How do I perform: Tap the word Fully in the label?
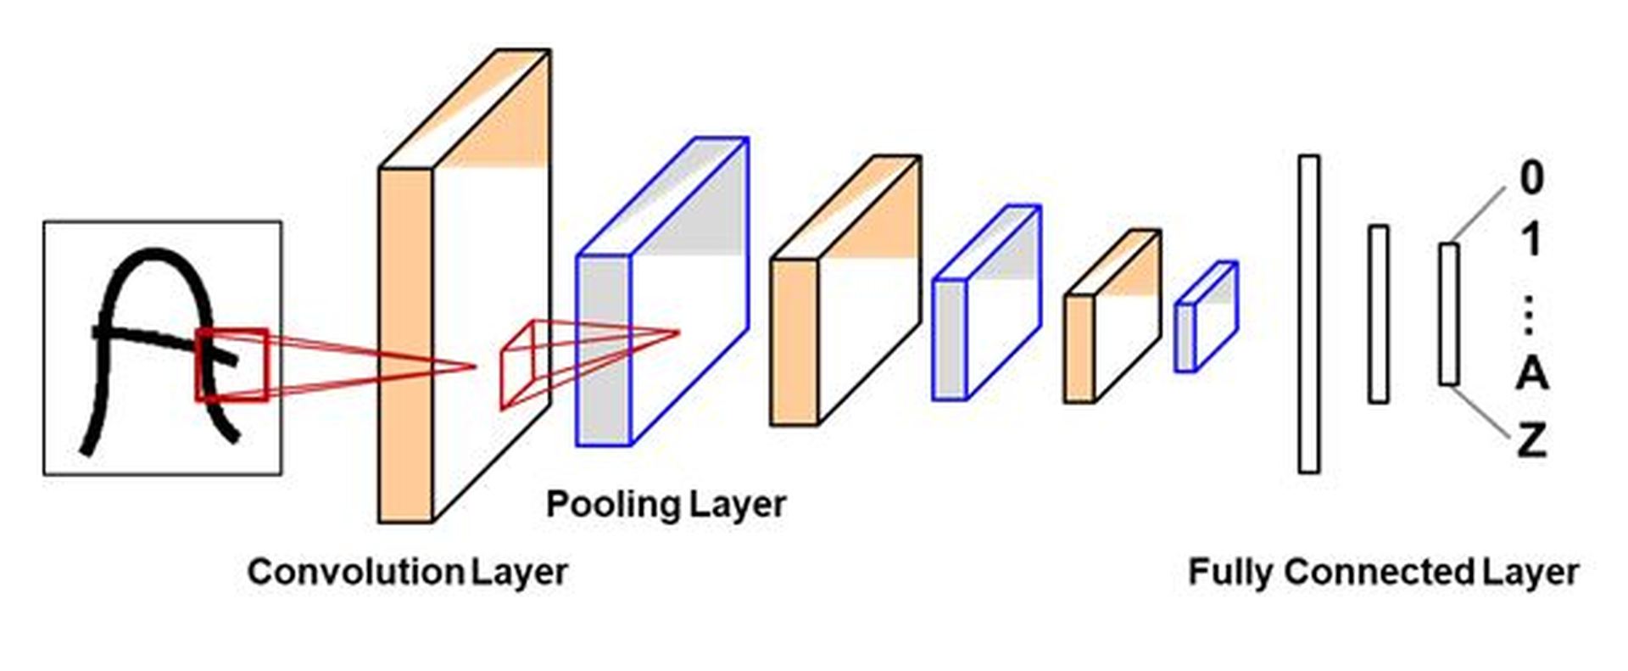coord(1230,572)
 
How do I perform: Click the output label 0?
coord(1531,178)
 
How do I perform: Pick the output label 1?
coord(1530,242)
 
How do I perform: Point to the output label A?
coord(1531,372)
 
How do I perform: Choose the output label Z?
coord(1531,440)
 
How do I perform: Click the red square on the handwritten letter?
coord(231,365)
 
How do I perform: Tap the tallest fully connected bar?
coord(1308,314)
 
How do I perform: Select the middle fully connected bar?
coord(1378,314)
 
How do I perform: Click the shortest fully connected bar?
coord(1448,314)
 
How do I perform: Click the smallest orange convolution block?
coord(1111,318)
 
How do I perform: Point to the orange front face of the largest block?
coord(404,344)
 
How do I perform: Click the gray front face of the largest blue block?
coord(603,349)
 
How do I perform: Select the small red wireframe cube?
coord(525,365)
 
